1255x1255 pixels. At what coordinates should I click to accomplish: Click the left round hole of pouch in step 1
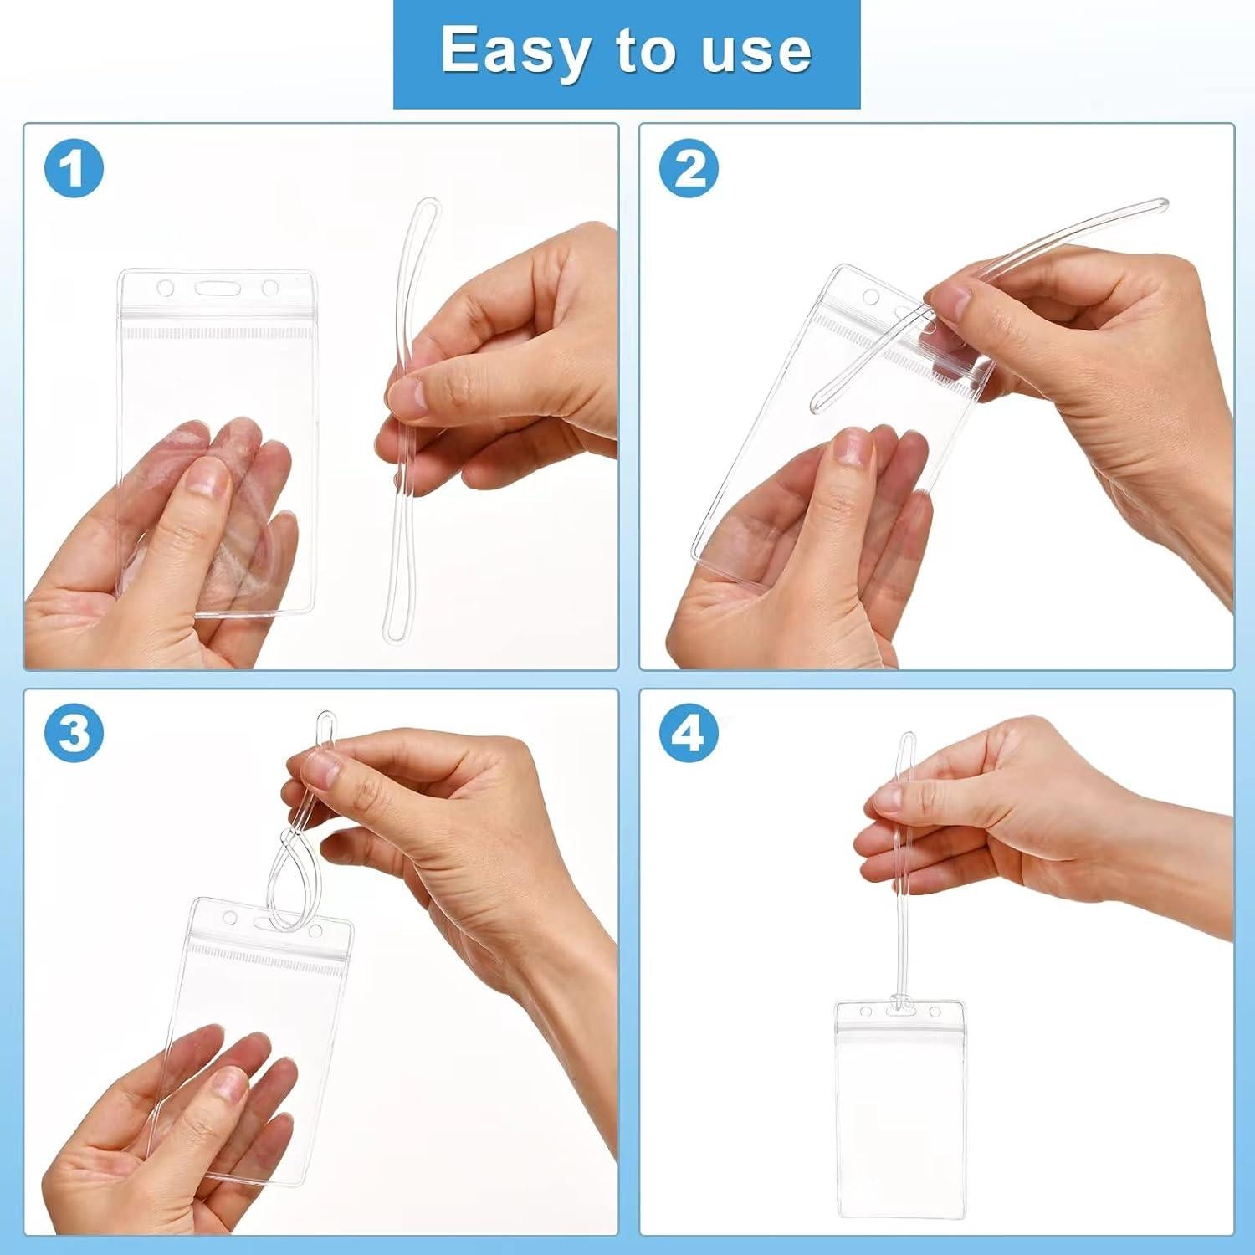[x=166, y=289]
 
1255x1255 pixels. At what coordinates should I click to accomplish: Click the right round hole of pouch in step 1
[x=269, y=289]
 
